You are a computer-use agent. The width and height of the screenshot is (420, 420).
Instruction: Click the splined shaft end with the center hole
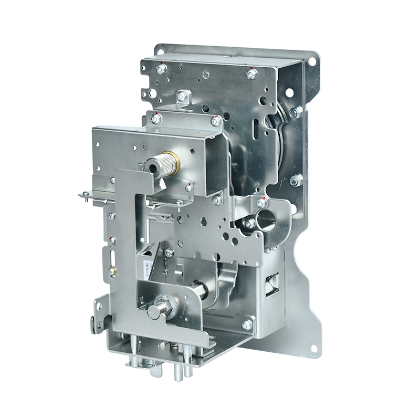tap(153, 167)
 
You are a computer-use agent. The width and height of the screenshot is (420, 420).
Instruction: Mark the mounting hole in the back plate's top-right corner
tap(311, 61)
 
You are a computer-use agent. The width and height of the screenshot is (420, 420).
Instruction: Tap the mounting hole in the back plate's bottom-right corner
tap(313, 348)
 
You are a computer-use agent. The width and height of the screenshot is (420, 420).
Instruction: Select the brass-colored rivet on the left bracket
tap(111, 271)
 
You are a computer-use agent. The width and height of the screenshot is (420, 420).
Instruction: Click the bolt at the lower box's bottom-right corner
tap(246, 324)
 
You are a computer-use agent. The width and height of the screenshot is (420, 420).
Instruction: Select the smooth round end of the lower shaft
tap(153, 311)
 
